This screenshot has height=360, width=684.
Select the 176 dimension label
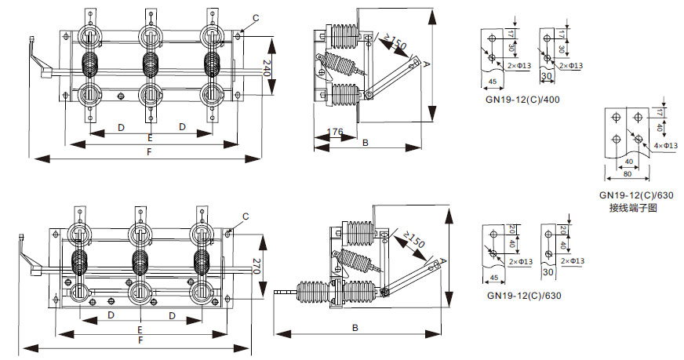(335, 133)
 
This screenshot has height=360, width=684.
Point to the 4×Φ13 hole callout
(665, 146)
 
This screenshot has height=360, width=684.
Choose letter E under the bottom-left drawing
(140, 330)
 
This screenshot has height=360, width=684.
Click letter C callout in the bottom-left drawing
(246, 216)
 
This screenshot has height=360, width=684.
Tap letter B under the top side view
(366, 142)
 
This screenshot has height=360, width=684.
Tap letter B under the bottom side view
(355, 327)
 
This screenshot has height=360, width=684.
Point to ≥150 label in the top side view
(394, 42)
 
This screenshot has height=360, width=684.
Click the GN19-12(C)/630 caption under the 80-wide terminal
(636, 195)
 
